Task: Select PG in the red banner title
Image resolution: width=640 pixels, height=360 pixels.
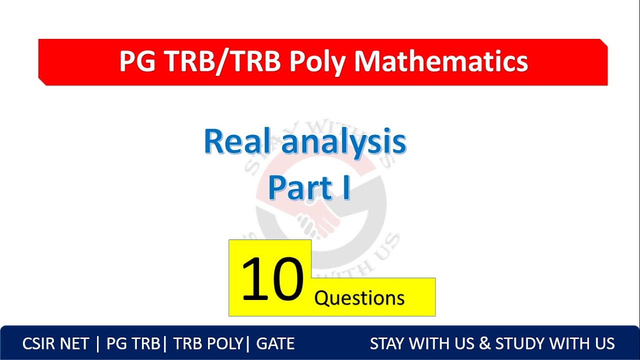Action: click(x=137, y=61)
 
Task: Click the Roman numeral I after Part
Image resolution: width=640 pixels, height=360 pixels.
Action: click(x=345, y=188)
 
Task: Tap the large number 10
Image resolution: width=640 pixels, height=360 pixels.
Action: click(x=272, y=279)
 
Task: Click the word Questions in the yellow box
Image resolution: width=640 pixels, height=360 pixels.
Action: click(x=359, y=298)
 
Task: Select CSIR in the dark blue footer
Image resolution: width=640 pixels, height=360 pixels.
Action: click(x=40, y=344)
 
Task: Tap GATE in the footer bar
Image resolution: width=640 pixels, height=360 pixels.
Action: click(x=275, y=344)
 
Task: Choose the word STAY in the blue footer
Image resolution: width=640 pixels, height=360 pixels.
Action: click(x=387, y=344)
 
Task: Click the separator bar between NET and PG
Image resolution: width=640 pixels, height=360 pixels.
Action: click(x=97, y=344)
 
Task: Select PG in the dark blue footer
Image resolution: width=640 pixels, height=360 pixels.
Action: click(x=115, y=344)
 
